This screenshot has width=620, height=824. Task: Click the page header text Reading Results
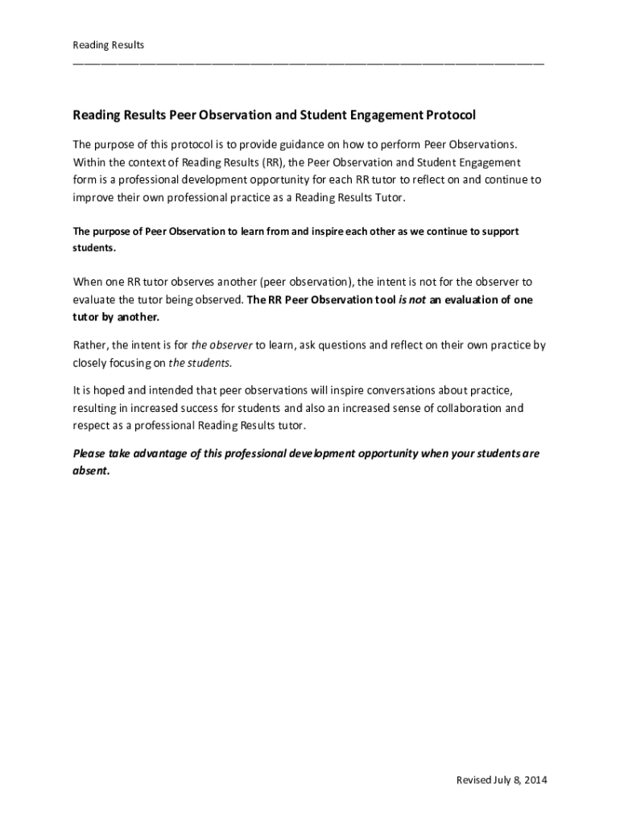(109, 45)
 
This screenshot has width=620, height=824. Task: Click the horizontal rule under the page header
(308, 62)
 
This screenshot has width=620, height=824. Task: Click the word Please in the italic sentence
(90, 454)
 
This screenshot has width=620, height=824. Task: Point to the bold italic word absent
(90, 472)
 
